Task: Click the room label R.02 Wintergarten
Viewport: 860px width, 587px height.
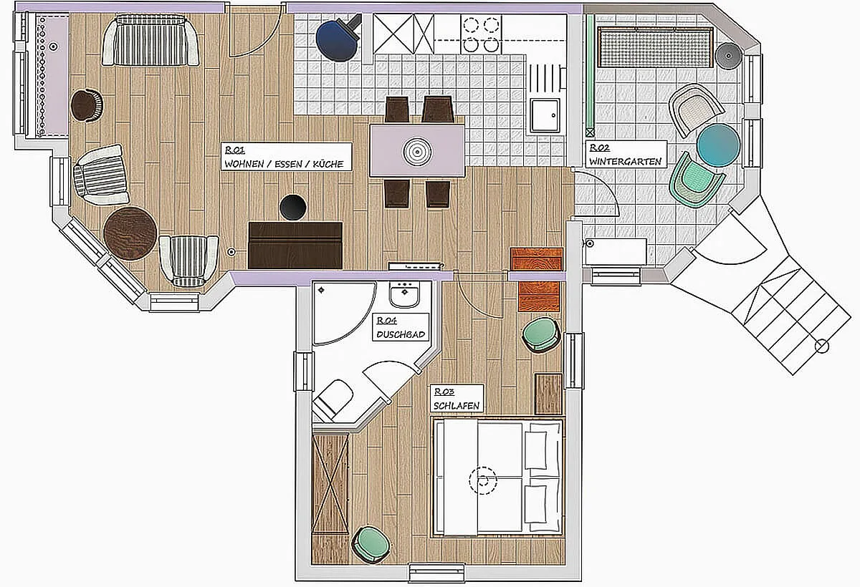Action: [626, 154]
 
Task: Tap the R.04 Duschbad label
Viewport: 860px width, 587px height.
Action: [401, 327]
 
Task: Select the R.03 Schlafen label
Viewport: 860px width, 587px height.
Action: [457, 398]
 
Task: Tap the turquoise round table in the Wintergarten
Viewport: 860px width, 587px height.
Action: [718, 145]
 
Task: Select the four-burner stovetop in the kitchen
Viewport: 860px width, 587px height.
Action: [481, 34]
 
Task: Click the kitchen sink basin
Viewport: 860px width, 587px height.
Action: [545, 115]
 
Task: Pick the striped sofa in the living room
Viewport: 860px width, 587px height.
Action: [150, 40]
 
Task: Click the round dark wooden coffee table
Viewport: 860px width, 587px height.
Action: [130, 233]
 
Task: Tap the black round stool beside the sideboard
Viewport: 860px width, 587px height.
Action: [293, 208]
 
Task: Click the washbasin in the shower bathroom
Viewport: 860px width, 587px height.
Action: [404, 294]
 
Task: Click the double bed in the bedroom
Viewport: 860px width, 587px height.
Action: [498, 477]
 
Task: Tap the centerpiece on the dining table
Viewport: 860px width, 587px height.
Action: [417, 152]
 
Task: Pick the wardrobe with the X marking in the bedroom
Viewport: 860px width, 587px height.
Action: [330, 483]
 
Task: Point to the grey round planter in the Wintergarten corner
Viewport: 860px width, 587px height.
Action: [728, 56]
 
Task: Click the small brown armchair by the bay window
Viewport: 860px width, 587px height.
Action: [87, 105]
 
